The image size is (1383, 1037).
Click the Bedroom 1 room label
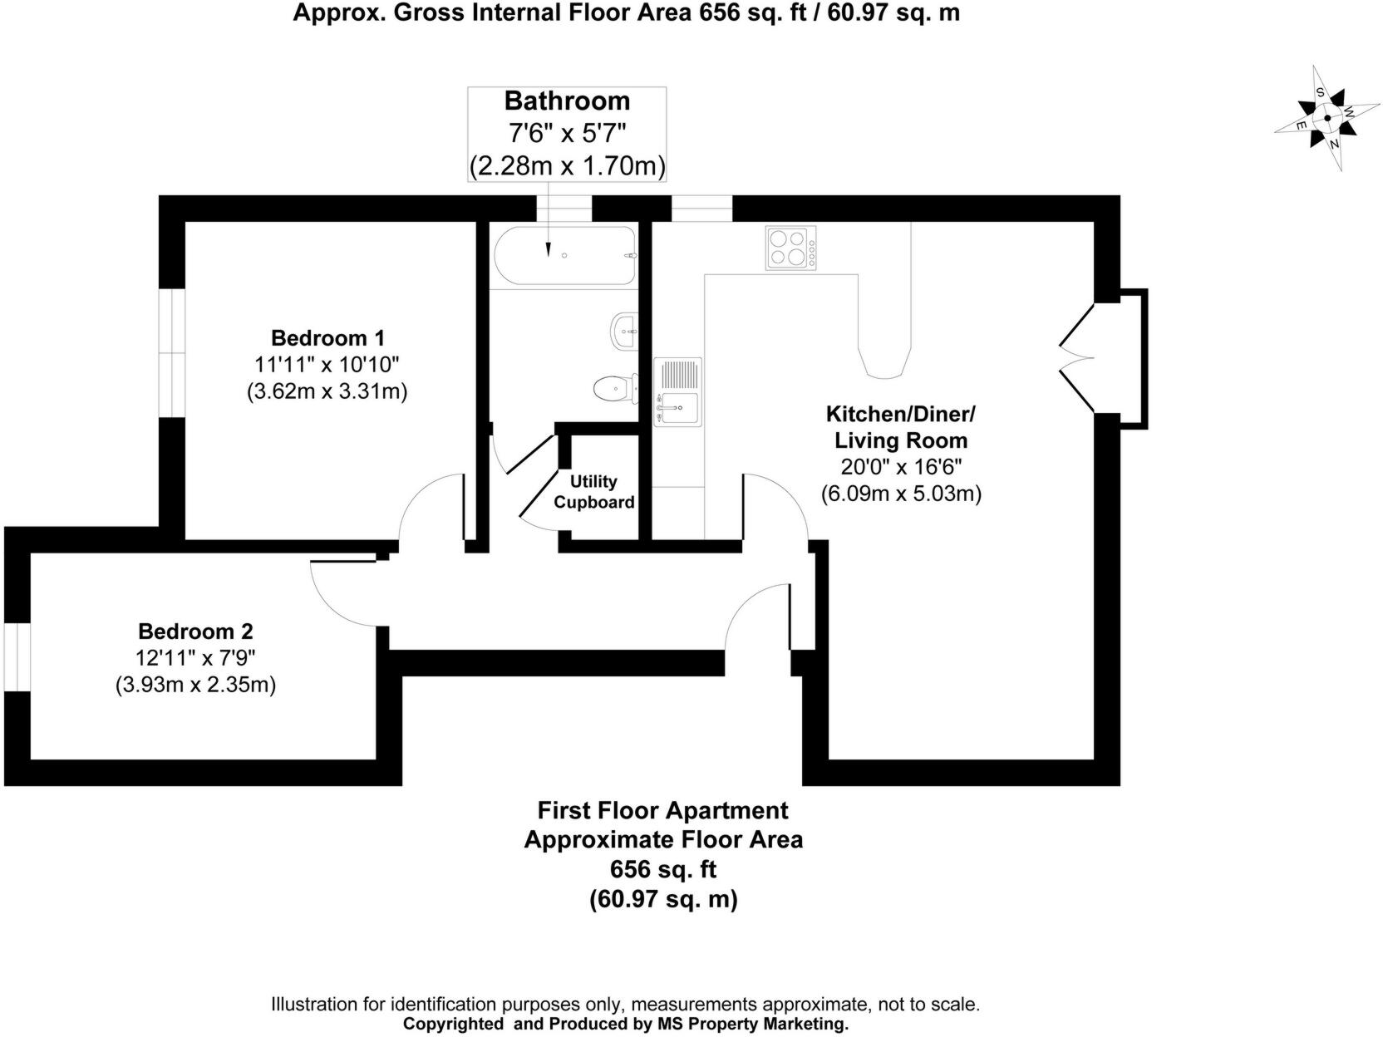coord(327,338)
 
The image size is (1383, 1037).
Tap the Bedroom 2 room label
coord(195,632)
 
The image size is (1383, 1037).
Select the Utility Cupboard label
coord(593,492)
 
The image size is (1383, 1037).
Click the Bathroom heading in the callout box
coord(567,101)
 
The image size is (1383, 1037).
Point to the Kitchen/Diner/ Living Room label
coord(901,427)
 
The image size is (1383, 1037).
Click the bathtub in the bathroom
coord(565,256)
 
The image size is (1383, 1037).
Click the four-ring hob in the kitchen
coord(790,248)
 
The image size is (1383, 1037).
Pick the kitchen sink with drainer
coord(678,391)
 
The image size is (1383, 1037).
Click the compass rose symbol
coord(1326,119)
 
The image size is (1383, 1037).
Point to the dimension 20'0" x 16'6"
coord(901,467)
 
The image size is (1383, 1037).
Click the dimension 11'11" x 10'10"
coord(327,364)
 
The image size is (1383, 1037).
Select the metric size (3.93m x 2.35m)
coord(195,685)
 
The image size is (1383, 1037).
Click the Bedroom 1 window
coord(172,352)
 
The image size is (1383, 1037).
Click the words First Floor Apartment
coord(662,810)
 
